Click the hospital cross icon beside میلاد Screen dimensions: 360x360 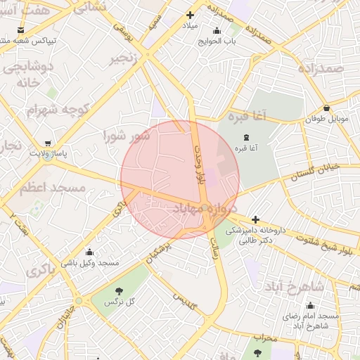(189, 15)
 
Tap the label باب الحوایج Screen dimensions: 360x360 (216, 41)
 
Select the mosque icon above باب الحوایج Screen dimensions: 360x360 (216, 30)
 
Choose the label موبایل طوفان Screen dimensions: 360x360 (327, 119)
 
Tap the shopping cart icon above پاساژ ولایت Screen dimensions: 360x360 (47, 142)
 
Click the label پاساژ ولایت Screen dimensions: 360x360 (48, 153)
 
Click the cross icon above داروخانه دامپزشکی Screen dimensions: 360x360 (255, 219)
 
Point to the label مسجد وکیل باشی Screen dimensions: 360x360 (89, 263)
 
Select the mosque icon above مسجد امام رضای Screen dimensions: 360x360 (310, 305)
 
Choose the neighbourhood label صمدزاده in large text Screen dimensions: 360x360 (320, 68)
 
